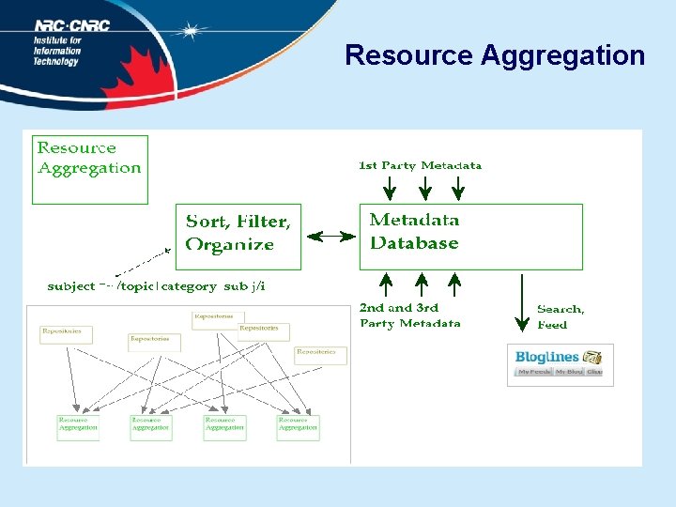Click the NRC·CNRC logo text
coord(72,25)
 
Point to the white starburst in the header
coord(192,32)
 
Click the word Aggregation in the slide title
coord(562,55)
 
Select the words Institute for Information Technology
coord(57,52)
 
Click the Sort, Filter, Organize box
coord(239,236)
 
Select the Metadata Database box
coord(470,236)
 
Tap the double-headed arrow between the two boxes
coord(330,237)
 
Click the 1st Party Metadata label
coord(420,166)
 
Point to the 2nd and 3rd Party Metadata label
coord(410,315)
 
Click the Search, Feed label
coord(561,316)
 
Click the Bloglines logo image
coord(560,364)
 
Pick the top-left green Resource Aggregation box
coord(90,169)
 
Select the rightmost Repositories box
coord(320,354)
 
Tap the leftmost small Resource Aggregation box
coord(77,427)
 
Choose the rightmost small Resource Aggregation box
coord(298,427)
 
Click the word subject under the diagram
coord(71,286)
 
